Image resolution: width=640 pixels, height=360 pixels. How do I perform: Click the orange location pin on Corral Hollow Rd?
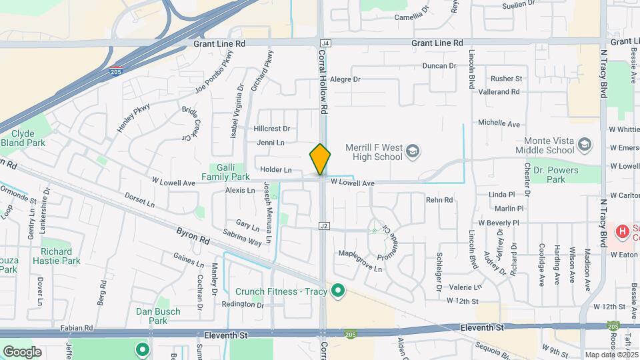click(320, 159)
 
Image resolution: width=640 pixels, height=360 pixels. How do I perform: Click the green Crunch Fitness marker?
click(338, 290)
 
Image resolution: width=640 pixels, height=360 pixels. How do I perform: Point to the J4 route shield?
click(325, 43)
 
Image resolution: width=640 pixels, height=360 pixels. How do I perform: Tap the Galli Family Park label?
click(229, 172)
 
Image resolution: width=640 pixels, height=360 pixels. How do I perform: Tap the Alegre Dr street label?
click(345, 79)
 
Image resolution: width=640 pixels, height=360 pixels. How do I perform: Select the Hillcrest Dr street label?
click(272, 129)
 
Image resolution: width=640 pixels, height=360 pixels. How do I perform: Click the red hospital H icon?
click(622, 231)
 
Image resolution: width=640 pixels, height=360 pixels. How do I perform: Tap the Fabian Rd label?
click(75, 328)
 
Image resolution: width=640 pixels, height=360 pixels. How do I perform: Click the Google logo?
click(22, 351)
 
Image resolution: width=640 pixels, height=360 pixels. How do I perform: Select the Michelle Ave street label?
click(499, 124)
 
